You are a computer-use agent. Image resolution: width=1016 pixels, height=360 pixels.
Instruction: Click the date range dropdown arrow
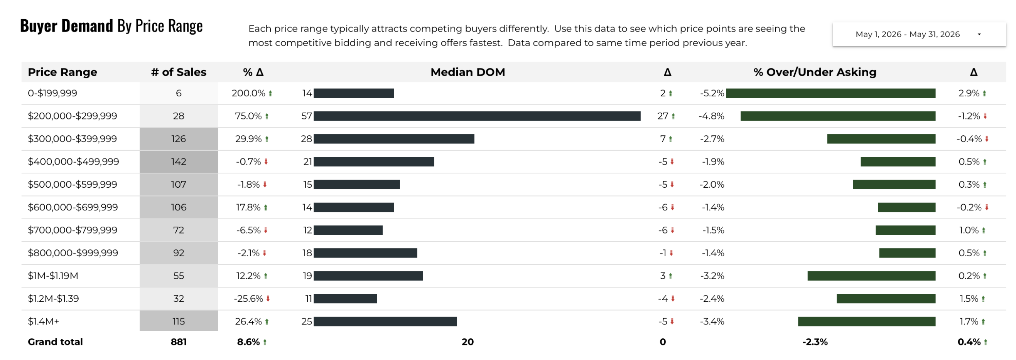pos(979,34)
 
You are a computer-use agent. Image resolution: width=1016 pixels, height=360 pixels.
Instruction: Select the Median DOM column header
pos(467,72)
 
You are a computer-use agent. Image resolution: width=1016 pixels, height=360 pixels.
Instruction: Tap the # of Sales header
pos(179,72)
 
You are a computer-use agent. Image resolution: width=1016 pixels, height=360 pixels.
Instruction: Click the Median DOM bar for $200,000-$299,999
pos(477,116)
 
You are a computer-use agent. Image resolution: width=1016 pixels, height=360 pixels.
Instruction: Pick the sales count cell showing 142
pos(179,161)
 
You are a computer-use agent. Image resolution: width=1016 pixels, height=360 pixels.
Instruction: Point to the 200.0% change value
pos(248,93)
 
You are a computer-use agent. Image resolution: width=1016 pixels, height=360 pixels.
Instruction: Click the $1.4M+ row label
pos(43,321)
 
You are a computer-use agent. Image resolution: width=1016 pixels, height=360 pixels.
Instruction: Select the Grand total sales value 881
pos(179,342)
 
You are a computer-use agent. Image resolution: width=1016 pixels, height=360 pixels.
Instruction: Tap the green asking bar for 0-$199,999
pos(830,93)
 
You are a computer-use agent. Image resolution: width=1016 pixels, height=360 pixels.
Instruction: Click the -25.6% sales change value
pos(248,298)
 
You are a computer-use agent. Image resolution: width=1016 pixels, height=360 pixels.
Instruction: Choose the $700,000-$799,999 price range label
pos(73,230)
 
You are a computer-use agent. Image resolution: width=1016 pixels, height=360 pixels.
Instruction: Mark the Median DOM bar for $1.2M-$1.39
pos(345,298)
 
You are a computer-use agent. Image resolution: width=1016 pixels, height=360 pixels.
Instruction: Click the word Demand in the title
pos(87,26)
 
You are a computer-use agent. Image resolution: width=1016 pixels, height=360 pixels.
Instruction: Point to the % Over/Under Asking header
pos(815,72)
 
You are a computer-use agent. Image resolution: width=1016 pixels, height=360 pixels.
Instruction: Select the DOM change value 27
pos(663,116)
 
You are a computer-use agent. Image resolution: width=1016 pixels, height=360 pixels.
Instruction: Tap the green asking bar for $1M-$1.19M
pos(871,276)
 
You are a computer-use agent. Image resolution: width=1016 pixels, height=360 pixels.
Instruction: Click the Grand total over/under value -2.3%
pos(815,342)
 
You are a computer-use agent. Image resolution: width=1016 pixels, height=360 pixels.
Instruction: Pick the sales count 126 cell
pos(179,139)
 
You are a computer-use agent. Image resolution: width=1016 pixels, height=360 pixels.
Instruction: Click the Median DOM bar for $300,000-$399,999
pos(393,139)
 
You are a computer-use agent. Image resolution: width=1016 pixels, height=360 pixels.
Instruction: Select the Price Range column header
pos(62,72)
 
